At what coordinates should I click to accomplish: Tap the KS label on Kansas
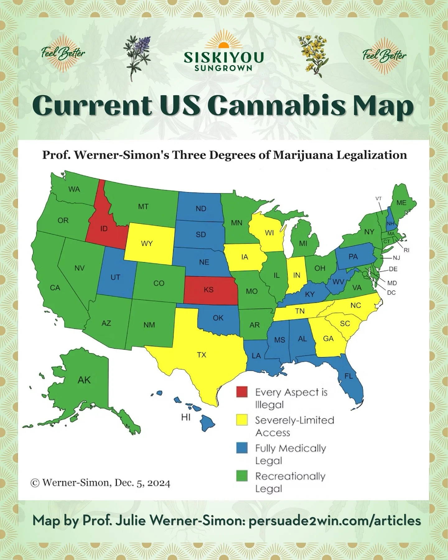pos(208,290)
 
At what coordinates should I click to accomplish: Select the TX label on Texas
pos(202,355)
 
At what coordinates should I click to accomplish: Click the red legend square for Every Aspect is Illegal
pos(242,392)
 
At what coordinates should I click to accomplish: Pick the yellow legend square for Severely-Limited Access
pos(242,420)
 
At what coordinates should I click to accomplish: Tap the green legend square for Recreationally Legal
pos(242,476)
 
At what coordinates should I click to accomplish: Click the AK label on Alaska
pos(84,380)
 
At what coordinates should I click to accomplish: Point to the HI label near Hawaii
pos(186,418)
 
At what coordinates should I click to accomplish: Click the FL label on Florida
pos(348,376)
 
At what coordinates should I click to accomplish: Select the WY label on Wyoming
pos(147,243)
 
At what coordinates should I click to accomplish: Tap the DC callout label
pos(391,293)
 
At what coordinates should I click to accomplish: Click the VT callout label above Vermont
pos(379,198)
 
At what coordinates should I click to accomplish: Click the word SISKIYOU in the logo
pos(223,57)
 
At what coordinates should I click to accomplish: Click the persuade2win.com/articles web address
pos(335,520)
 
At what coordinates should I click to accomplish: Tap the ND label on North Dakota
pos(201,208)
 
